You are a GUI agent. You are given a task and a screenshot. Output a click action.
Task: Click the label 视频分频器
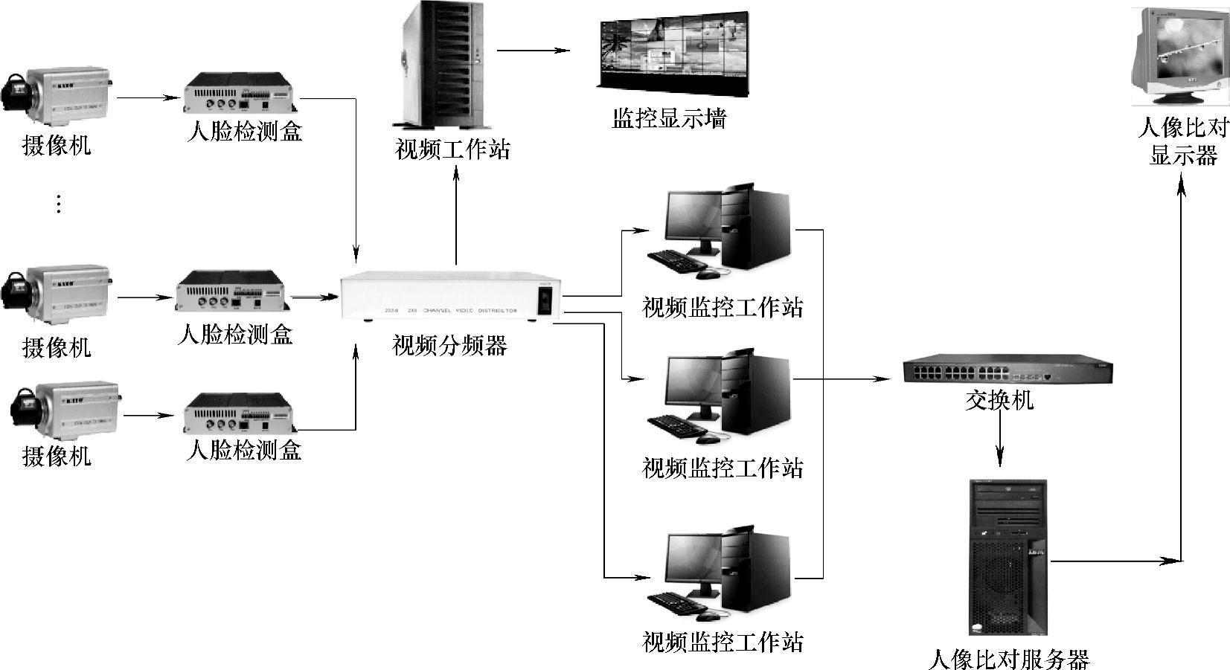(x=449, y=346)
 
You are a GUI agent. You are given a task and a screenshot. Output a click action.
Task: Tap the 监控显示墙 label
(x=668, y=119)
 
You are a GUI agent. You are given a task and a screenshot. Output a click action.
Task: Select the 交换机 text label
(x=999, y=400)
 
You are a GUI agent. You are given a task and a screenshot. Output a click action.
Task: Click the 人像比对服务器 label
(x=1009, y=659)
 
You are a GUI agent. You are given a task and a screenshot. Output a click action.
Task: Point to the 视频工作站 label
(x=452, y=150)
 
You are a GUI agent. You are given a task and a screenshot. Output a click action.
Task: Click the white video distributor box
(x=449, y=298)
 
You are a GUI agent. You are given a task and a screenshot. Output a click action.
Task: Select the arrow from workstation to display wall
(x=533, y=51)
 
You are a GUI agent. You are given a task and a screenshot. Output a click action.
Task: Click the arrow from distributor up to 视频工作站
(x=456, y=216)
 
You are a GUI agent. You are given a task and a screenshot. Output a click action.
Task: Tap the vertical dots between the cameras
(x=59, y=203)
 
